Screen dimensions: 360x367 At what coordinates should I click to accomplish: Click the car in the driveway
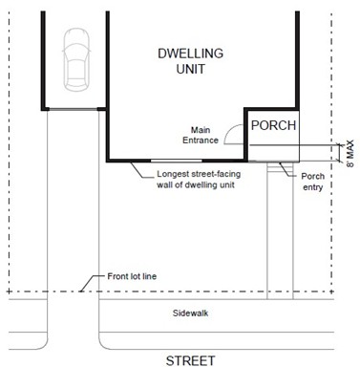click(76, 59)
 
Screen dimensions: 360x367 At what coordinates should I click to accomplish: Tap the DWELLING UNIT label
click(191, 61)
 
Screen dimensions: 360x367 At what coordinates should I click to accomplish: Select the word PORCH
click(273, 125)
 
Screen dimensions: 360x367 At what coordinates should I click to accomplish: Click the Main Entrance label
click(201, 135)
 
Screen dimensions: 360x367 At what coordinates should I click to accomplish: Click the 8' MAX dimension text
click(350, 153)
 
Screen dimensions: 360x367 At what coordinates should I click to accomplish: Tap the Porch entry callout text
click(313, 182)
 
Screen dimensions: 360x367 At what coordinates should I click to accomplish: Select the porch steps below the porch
click(280, 167)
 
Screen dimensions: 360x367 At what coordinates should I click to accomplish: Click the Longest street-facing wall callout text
click(199, 180)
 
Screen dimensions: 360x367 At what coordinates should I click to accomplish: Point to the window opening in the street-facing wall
click(177, 161)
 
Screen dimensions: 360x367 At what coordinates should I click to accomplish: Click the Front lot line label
click(132, 276)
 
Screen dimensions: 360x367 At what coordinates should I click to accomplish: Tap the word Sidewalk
click(190, 313)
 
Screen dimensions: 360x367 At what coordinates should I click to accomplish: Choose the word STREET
click(190, 360)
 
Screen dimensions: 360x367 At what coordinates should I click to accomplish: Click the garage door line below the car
click(74, 109)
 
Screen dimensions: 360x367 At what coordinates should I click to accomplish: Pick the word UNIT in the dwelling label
click(191, 69)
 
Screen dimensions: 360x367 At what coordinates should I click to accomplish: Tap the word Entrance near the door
click(201, 140)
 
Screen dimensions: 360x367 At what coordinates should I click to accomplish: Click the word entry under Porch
click(313, 187)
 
